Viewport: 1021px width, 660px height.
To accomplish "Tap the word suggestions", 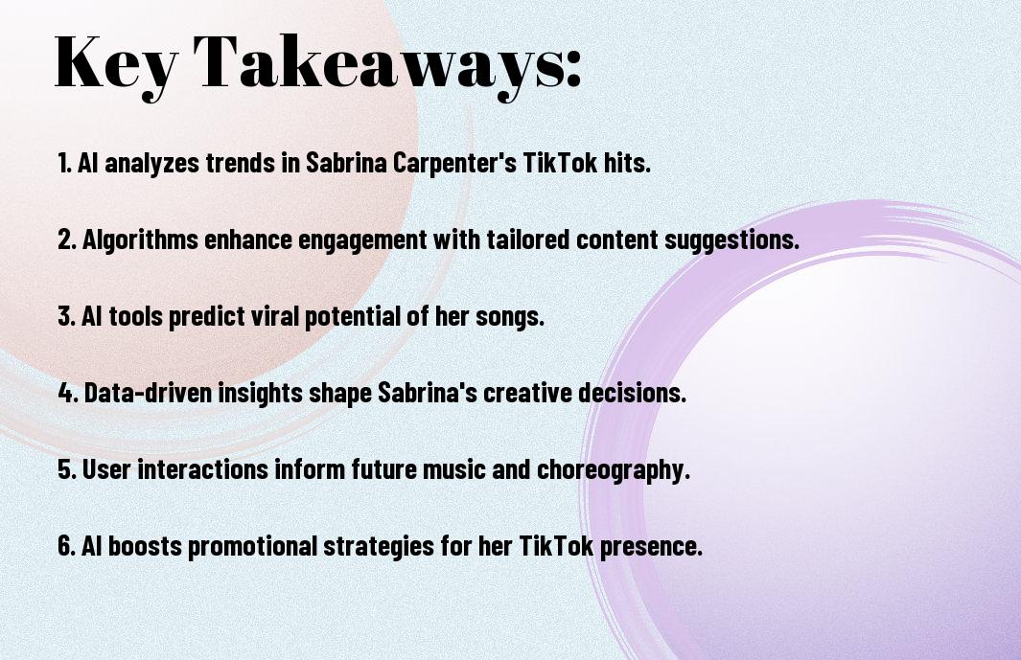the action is pyautogui.click(x=731, y=240).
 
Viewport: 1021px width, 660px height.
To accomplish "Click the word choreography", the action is pyautogui.click(x=613, y=470).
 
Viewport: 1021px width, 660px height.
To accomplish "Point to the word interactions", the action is pyautogui.click(x=202, y=469).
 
